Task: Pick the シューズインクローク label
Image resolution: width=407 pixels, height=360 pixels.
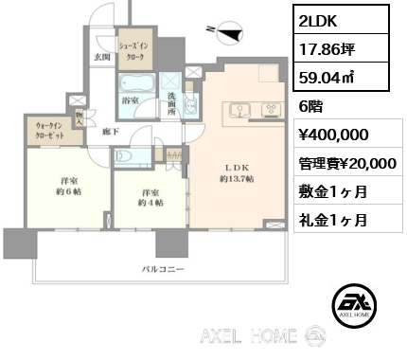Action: point(133,50)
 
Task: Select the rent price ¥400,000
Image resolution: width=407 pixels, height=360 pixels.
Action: point(328,135)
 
